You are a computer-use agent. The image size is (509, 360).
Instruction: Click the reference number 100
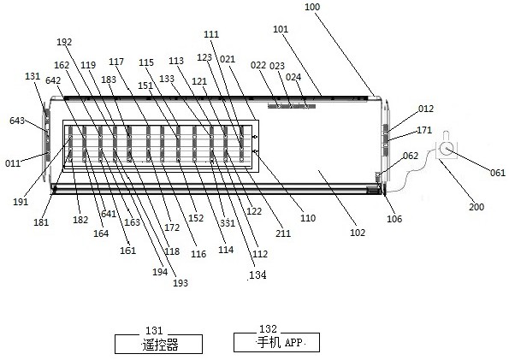(x=312, y=7)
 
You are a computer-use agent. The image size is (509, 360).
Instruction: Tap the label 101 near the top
(x=281, y=29)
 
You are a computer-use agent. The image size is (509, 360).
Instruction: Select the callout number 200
(x=476, y=207)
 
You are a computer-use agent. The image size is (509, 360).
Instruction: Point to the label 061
(x=498, y=173)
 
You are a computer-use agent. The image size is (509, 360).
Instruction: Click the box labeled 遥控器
(x=159, y=344)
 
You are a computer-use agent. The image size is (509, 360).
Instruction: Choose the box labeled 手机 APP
(x=276, y=342)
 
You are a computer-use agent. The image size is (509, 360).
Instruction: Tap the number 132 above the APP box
(x=268, y=329)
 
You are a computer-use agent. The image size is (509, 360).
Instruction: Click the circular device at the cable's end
(x=447, y=149)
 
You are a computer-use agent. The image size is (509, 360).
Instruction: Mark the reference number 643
(x=17, y=121)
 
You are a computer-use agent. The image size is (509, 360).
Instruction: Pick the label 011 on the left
(x=13, y=163)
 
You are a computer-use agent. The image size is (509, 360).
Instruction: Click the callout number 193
(x=181, y=283)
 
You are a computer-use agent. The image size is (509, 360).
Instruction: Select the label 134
(x=257, y=275)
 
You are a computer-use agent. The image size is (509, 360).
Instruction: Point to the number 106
(x=394, y=219)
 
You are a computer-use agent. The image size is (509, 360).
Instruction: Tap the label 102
(x=358, y=233)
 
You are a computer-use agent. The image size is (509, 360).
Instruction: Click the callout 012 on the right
(x=425, y=109)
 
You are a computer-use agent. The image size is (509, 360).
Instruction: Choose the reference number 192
(x=64, y=42)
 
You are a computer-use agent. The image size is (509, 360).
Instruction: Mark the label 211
(x=283, y=233)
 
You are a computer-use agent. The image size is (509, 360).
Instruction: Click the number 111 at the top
(x=211, y=34)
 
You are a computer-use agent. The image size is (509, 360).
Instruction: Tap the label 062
(x=411, y=156)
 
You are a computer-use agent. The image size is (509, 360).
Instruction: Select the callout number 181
(x=41, y=222)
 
